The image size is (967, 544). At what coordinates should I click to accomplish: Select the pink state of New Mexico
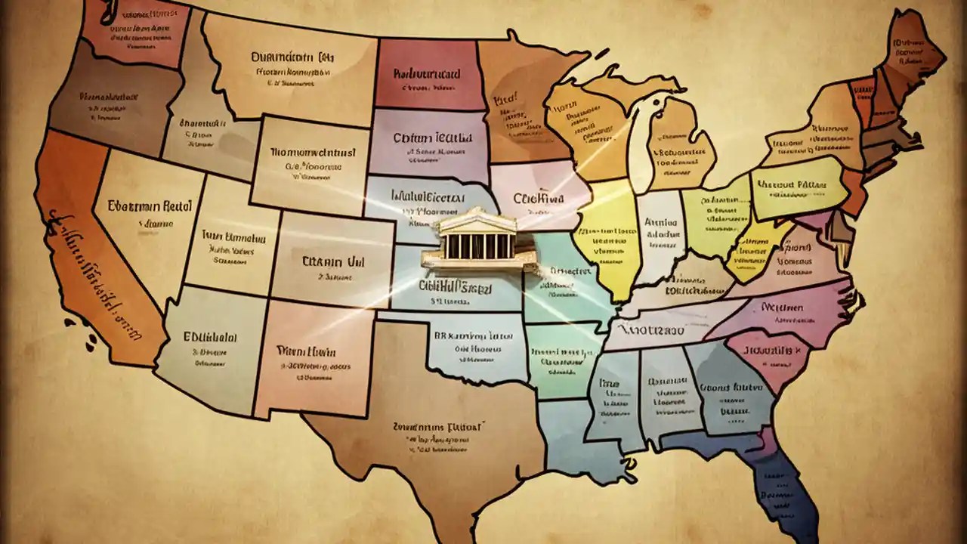(310, 355)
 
